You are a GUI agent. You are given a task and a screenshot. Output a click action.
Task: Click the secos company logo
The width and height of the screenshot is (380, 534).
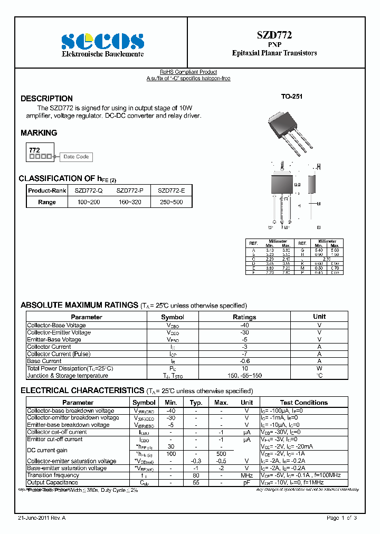[102, 41]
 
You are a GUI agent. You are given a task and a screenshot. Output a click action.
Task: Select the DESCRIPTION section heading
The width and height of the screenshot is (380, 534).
[46, 99]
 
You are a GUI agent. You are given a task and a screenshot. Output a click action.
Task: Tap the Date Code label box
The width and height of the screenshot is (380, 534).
[76, 157]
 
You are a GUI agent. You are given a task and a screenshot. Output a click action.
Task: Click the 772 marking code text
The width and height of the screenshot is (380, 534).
[34, 150]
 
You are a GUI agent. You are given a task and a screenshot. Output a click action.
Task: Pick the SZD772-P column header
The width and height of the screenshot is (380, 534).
[129, 190]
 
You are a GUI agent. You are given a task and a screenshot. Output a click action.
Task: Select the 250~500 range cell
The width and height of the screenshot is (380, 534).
[171, 202]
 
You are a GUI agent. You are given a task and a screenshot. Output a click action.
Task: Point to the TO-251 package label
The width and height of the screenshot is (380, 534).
[291, 97]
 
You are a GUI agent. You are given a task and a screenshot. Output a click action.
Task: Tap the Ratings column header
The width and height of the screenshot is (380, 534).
[244, 317]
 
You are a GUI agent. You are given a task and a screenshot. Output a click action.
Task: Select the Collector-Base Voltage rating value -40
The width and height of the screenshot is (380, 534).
[244, 326]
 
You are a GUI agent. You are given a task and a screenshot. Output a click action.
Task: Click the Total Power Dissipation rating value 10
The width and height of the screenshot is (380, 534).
[244, 368]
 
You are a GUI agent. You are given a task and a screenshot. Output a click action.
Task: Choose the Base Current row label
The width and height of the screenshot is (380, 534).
[44, 361]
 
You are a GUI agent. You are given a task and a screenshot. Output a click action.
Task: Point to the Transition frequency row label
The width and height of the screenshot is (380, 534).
[53, 475]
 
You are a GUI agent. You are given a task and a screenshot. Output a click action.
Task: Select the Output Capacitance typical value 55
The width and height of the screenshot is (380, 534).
[196, 483]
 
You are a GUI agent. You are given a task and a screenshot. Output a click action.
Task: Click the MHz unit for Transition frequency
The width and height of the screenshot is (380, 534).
[246, 475]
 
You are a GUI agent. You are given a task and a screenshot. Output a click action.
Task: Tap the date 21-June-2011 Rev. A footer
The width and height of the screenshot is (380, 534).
[42, 518]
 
